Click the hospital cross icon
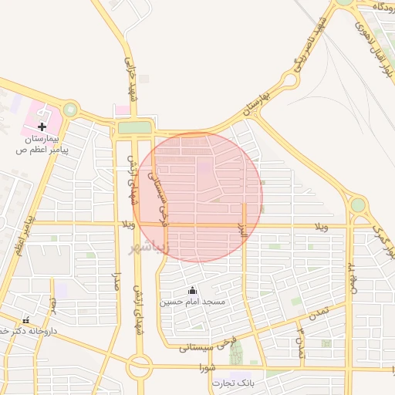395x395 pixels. click(42, 127)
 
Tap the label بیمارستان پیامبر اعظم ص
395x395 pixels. click(43, 144)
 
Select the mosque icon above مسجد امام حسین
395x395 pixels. click(192, 290)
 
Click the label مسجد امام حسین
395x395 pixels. click(193, 302)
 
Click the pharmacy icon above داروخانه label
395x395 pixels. click(26, 319)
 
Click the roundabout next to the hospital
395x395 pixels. click(71, 110)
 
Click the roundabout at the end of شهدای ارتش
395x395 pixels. click(139, 366)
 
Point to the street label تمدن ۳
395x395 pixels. click(301, 341)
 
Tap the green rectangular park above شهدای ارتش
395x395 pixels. click(133, 127)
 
